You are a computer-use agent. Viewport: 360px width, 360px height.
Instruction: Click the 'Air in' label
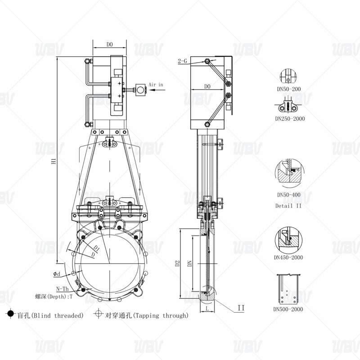(x=156, y=84)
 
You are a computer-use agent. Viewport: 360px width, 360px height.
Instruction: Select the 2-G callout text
(x=183, y=60)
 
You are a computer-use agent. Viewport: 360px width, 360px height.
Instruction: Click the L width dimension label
(x=206, y=309)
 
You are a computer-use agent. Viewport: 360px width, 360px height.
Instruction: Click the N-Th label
(x=63, y=288)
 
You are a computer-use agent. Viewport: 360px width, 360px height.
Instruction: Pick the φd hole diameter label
(x=56, y=273)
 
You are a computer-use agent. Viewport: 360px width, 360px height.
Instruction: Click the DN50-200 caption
(x=289, y=89)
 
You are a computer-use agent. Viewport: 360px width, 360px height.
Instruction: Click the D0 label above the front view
(x=109, y=45)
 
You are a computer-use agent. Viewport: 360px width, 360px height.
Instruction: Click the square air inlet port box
(x=142, y=90)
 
